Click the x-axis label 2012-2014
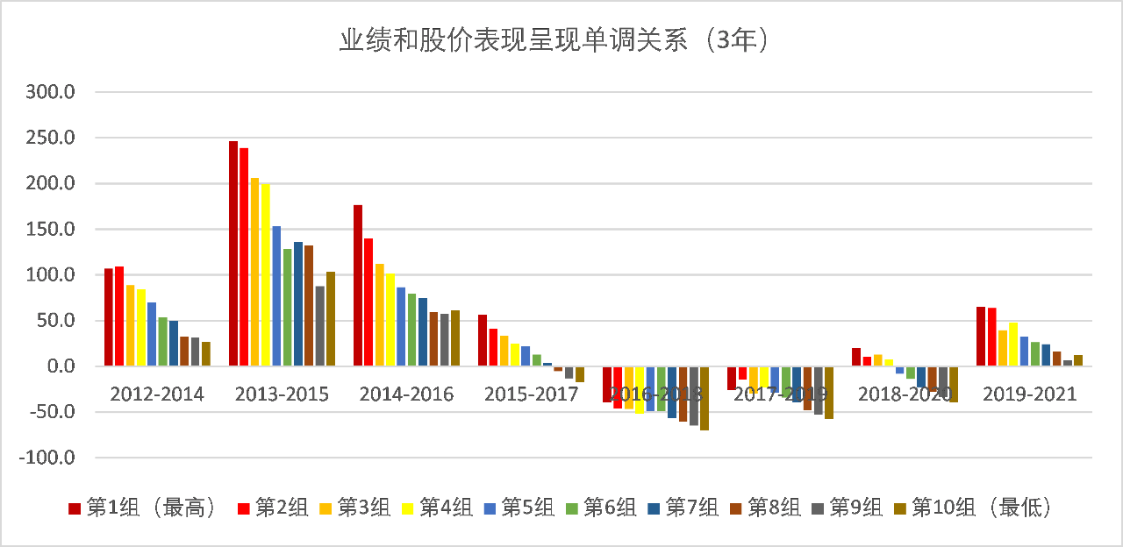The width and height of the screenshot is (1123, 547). click(x=157, y=394)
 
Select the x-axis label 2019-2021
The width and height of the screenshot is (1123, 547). click(x=1029, y=394)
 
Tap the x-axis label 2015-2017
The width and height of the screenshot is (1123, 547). click(x=531, y=394)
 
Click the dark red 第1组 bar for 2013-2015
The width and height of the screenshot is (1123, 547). click(x=233, y=254)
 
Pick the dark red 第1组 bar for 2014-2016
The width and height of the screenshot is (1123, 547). click(x=358, y=286)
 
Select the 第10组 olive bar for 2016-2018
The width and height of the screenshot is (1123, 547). click(x=705, y=399)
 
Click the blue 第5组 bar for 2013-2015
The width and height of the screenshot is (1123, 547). click(x=276, y=296)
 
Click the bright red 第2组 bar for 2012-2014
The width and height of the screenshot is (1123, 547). click(x=119, y=316)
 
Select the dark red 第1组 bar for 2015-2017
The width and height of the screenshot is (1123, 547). click(x=483, y=340)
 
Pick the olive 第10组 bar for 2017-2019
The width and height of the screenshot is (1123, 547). click(x=829, y=393)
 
